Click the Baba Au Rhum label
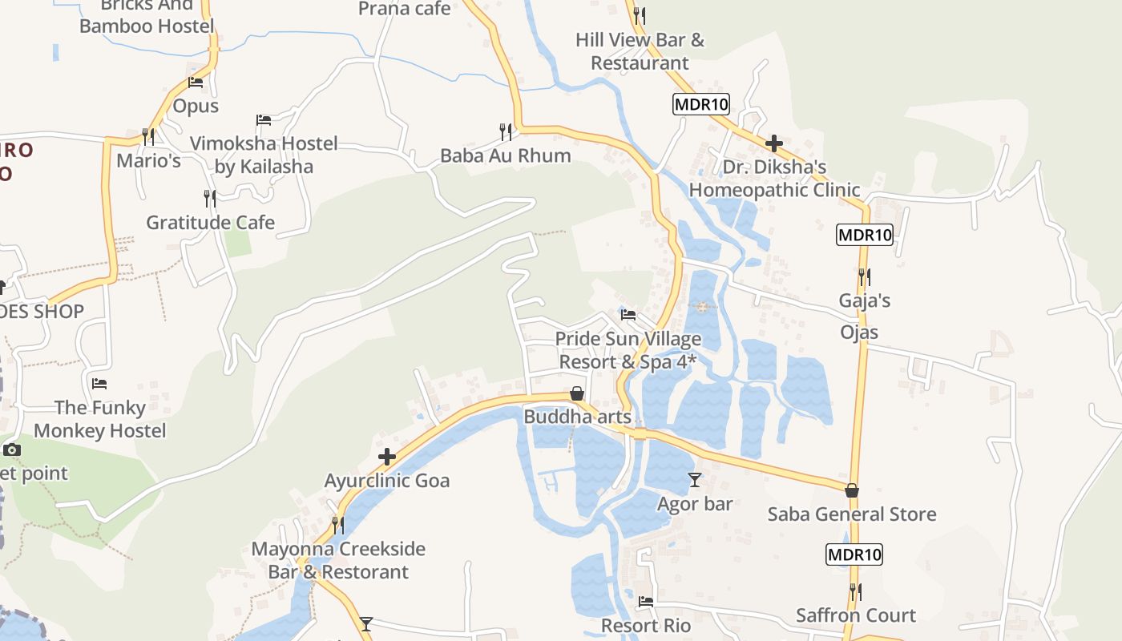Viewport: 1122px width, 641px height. (506, 155)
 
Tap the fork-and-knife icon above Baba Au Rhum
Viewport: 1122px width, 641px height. (506, 130)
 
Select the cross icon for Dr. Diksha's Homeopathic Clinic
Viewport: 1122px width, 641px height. (774, 144)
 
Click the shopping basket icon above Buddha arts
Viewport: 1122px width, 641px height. (576, 393)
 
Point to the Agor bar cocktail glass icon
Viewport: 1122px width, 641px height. (695, 480)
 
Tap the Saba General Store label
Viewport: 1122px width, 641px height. (852, 514)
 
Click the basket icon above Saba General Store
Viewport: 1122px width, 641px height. (852, 490)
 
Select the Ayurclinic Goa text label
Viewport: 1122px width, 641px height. (387, 481)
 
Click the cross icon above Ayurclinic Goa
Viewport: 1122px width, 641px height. (387, 458)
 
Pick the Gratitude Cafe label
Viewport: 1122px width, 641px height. (210, 223)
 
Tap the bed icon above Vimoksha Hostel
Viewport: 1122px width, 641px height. (264, 120)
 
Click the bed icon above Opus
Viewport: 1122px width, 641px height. (196, 82)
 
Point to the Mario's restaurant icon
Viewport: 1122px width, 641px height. (148, 136)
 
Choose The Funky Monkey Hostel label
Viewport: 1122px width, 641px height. (100, 419)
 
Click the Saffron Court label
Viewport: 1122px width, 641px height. (856, 615)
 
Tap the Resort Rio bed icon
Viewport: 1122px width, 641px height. (646, 601)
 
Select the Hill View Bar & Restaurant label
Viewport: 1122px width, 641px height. (640, 51)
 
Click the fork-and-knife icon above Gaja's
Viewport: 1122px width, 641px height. (865, 277)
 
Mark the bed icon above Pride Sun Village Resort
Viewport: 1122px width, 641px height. (628, 315)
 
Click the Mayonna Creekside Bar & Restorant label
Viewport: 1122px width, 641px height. (338, 560)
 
